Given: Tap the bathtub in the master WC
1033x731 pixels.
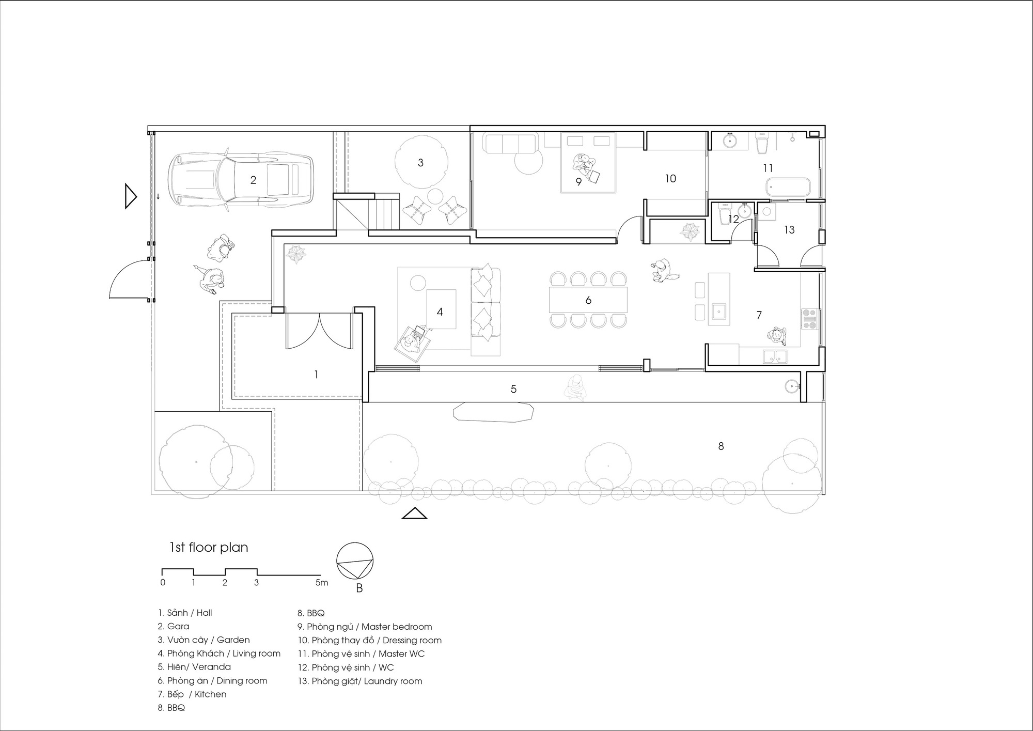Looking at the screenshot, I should pos(788,187).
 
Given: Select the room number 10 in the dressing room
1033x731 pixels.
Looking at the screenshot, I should pos(670,179).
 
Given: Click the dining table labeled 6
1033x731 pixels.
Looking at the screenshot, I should pos(588,300).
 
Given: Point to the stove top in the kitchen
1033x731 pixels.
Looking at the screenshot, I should pos(808,319).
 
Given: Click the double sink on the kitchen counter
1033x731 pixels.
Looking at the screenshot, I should pos(774,356).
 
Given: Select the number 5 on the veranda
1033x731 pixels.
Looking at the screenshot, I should pos(513,389).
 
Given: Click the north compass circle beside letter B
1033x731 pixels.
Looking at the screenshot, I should pos(355,561).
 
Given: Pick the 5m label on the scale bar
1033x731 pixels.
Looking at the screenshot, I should pos(321,583).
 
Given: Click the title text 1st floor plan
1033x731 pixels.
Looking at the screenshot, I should pos(209,548).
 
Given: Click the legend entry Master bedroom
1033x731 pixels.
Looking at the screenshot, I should pos(369,627).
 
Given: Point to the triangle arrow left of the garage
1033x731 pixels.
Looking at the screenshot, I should pos(131,196).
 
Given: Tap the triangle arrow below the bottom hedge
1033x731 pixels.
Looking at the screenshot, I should pos(414,514).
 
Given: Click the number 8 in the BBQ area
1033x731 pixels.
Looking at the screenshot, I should pos(721,446).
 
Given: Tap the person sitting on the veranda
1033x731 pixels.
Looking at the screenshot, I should pos(575,388).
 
